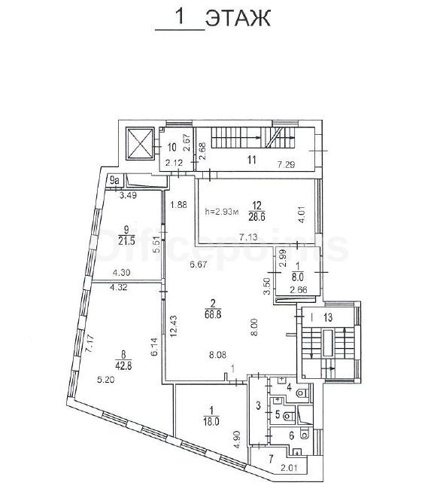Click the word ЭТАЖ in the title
point(238,18)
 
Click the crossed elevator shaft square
point(140,144)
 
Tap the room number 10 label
point(172,148)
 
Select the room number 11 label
point(251,160)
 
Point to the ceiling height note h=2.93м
point(222,211)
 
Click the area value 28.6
point(257,217)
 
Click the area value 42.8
point(123,365)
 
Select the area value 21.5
point(126,240)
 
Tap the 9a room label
point(114,181)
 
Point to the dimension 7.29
point(286,164)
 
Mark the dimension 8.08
point(217,354)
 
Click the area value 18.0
point(212,421)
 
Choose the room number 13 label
point(328,317)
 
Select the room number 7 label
point(271,459)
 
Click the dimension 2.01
point(289,468)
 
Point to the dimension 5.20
point(105,379)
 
